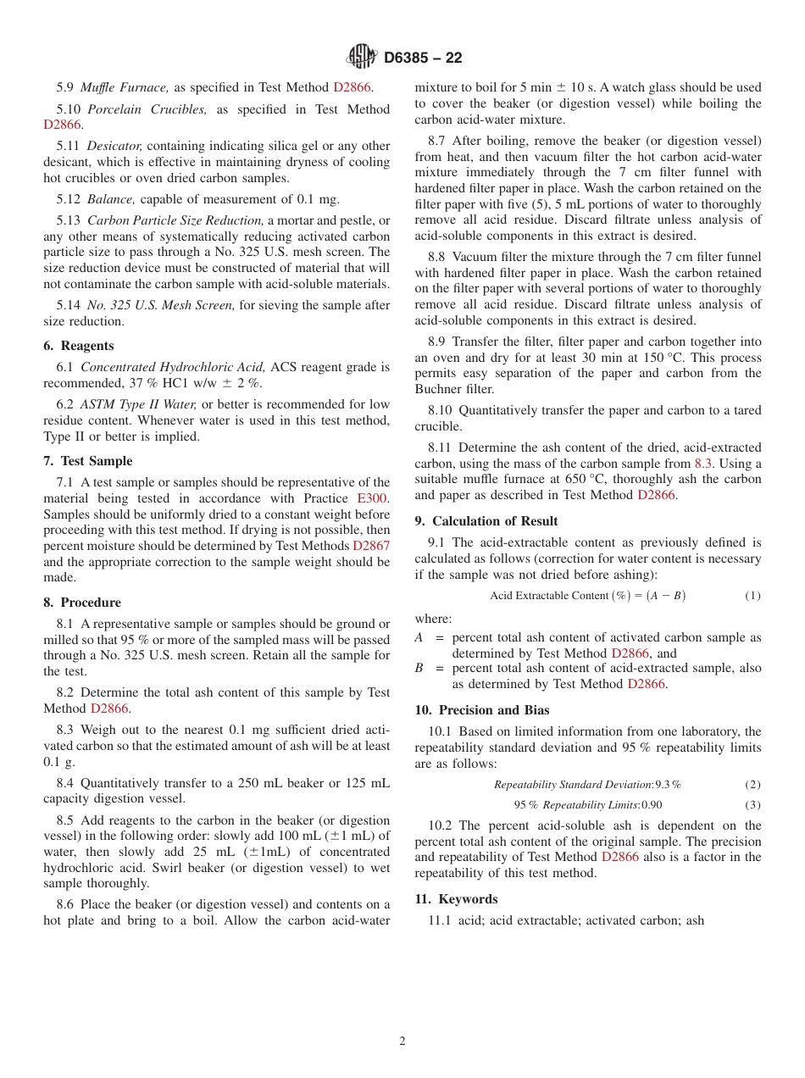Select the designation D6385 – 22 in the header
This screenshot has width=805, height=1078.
(423, 58)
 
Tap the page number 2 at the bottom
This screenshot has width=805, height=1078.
(402, 1042)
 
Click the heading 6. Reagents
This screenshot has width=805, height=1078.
(79, 346)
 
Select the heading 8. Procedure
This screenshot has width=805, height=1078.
(82, 603)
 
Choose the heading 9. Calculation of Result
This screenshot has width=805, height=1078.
(486, 521)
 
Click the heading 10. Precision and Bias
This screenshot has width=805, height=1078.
(481, 710)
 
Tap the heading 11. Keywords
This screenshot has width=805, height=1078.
(456, 899)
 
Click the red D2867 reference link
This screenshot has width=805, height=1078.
(371, 546)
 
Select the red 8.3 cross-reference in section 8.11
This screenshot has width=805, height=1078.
(703, 464)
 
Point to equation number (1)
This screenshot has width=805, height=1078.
(752, 596)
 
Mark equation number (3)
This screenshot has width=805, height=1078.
(752, 805)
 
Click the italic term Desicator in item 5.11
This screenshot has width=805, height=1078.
(114, 146)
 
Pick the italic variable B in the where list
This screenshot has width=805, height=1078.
(419, 668)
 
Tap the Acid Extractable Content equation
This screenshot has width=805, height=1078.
(587, 596)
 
